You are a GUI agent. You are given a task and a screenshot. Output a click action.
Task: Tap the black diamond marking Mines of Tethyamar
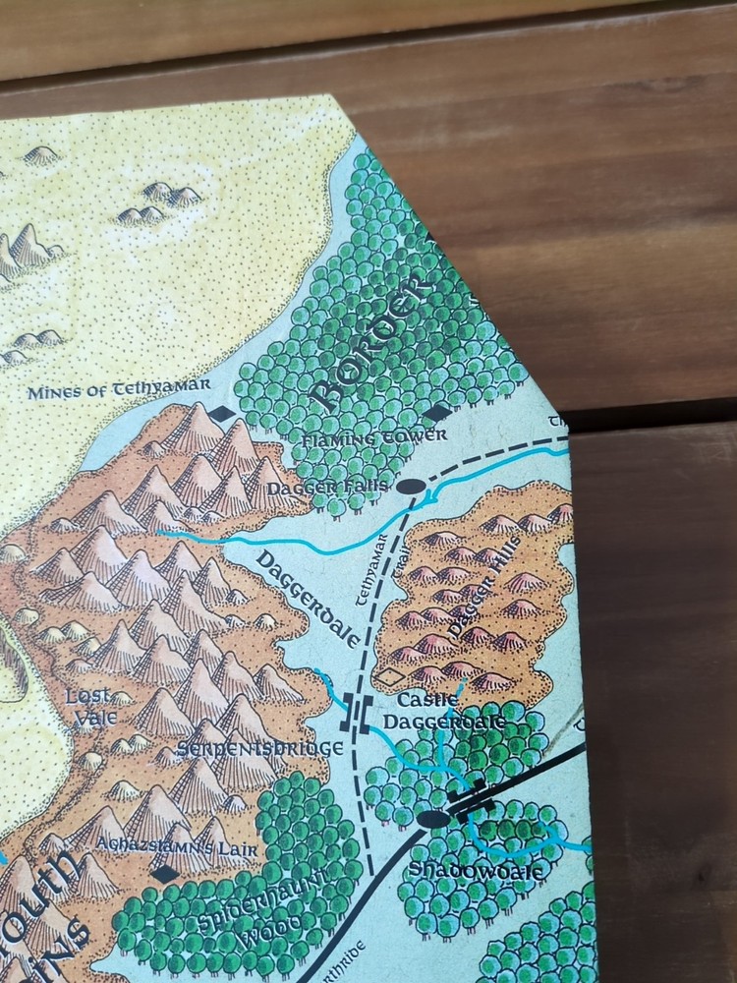click(x=224, y=414)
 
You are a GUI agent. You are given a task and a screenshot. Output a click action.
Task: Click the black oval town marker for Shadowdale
click(x=427, y=818)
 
